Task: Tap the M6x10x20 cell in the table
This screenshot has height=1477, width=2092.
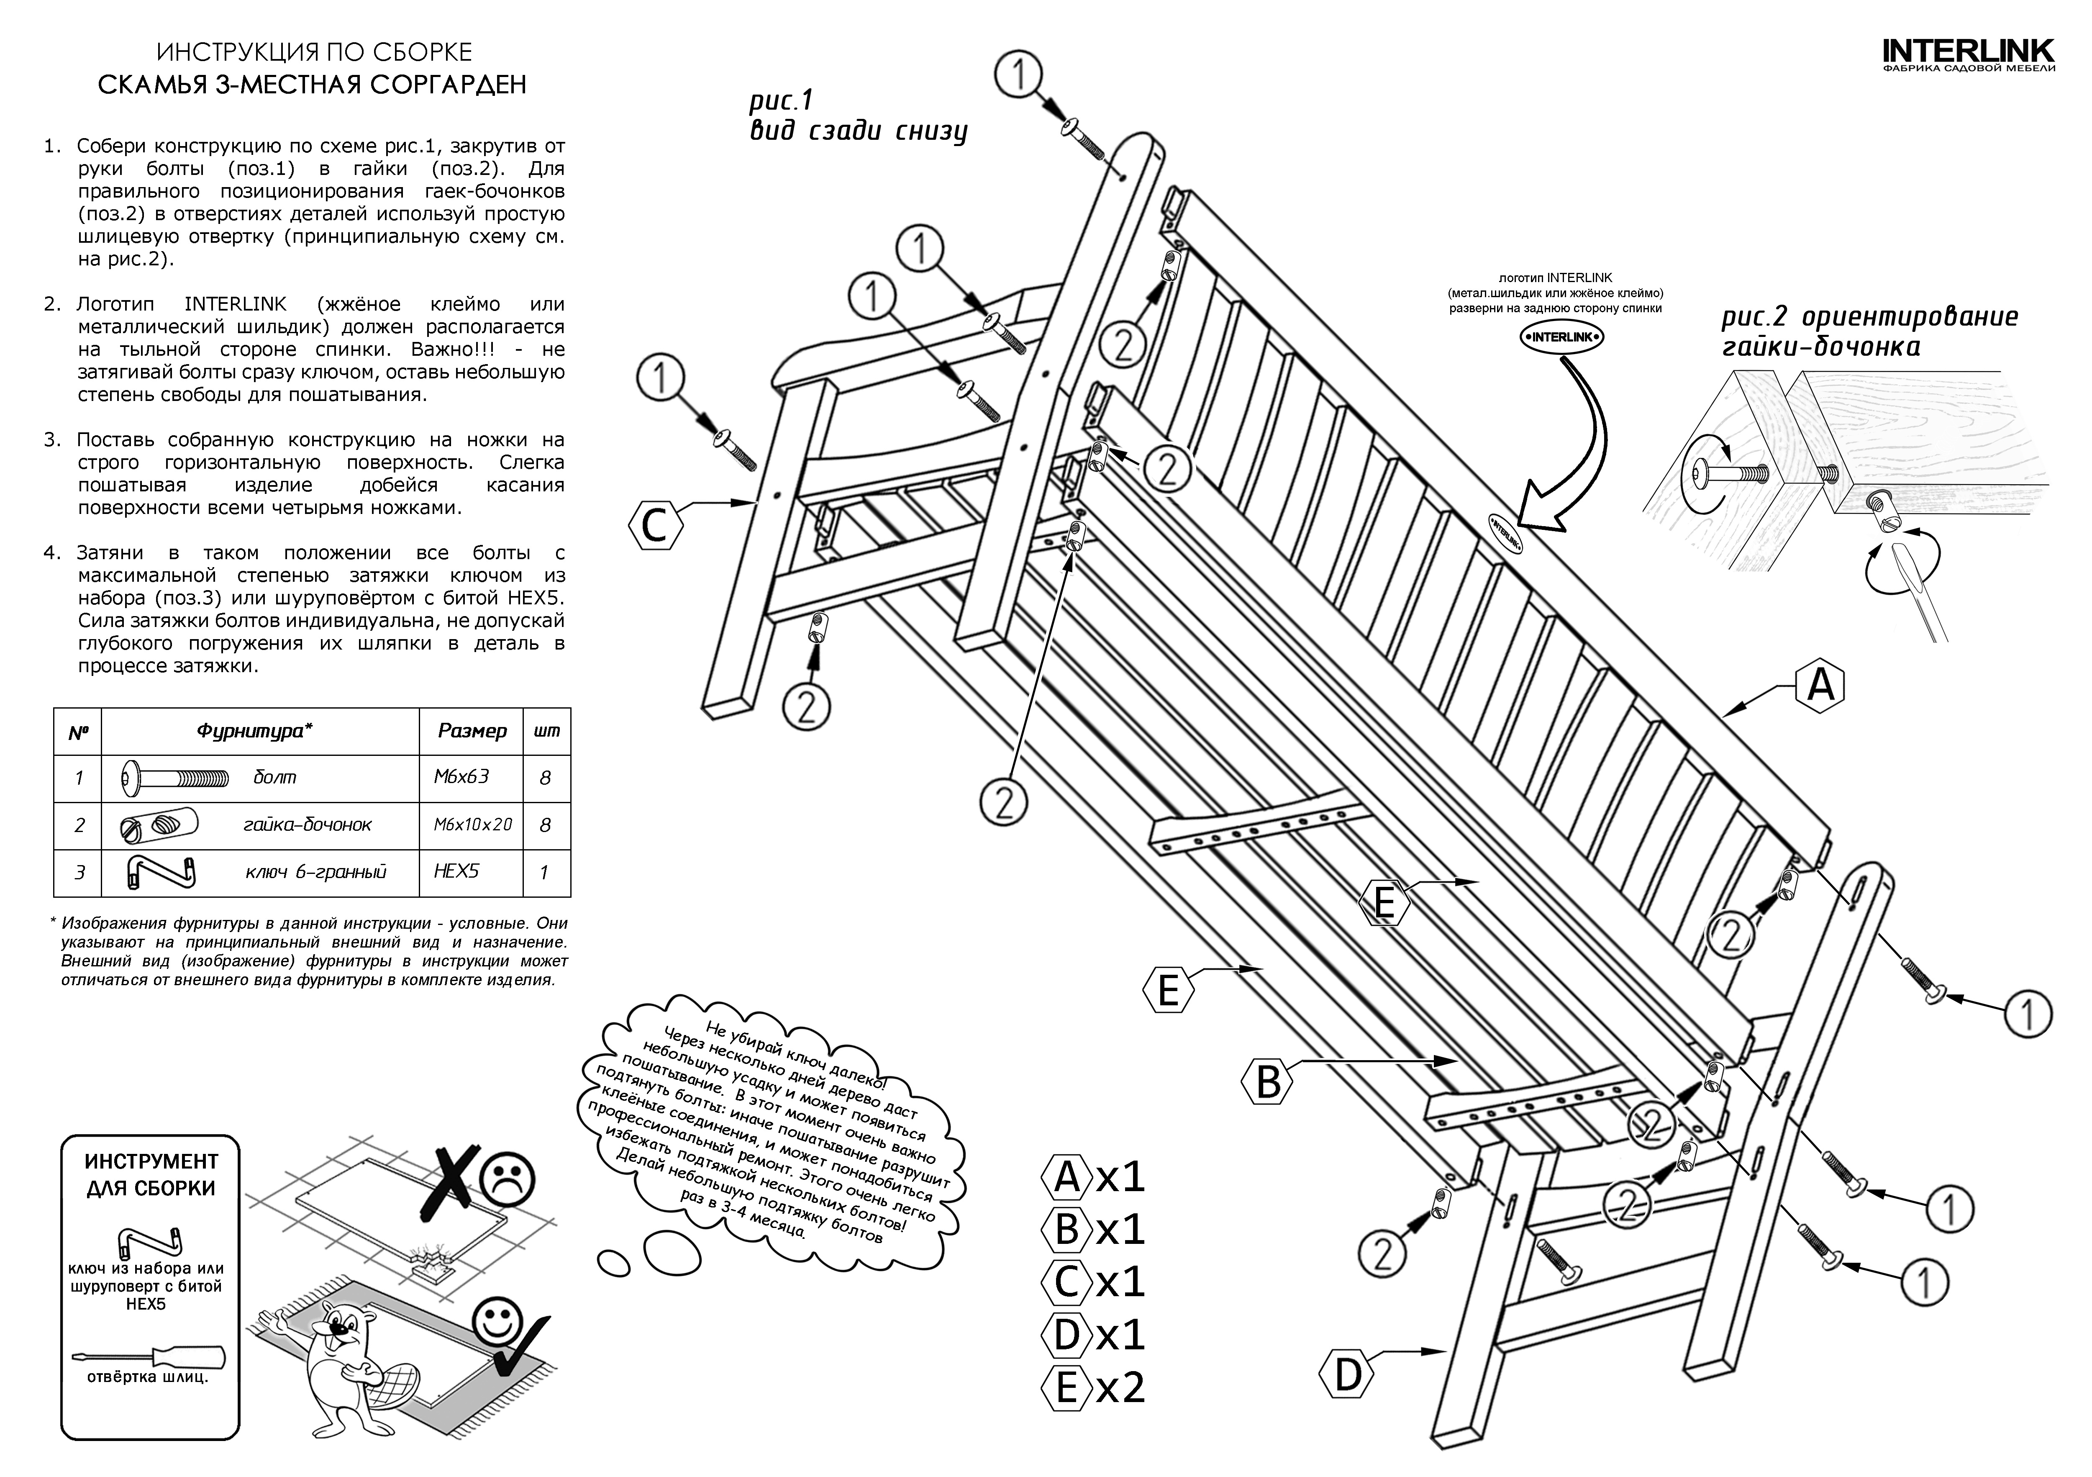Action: (x=472, y=825)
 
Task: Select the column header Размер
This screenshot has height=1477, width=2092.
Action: (x=472, y=731)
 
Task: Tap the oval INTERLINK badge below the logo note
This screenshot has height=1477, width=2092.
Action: (x=1561, y=336)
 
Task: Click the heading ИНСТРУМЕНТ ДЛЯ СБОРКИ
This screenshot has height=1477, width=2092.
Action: (x=151, y=1174)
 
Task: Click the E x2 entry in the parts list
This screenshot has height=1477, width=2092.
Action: (x=1093, y=1388)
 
